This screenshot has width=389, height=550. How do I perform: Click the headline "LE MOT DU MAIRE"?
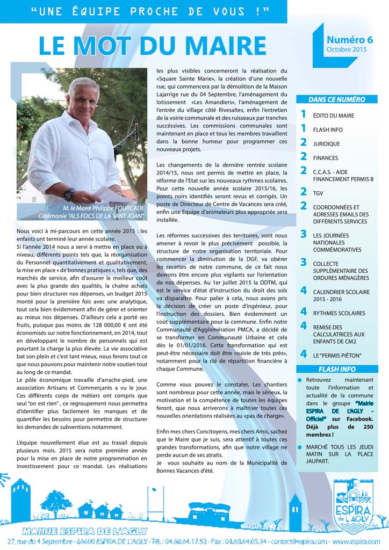(152, 46)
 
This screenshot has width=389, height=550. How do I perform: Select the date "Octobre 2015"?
(346, 50)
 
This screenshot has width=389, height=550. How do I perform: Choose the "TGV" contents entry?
(318, 192)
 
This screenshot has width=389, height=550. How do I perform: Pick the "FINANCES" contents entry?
(326, 158)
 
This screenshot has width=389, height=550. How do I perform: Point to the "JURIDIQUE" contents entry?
(326, 144)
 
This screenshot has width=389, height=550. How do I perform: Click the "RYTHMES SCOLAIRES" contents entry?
(339, 313)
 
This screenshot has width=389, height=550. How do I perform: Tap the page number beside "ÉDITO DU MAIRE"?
(303, 114)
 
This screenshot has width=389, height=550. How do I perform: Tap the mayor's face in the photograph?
(83, 102)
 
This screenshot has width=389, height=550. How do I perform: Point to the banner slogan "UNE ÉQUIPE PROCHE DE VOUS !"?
(149, 11)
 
